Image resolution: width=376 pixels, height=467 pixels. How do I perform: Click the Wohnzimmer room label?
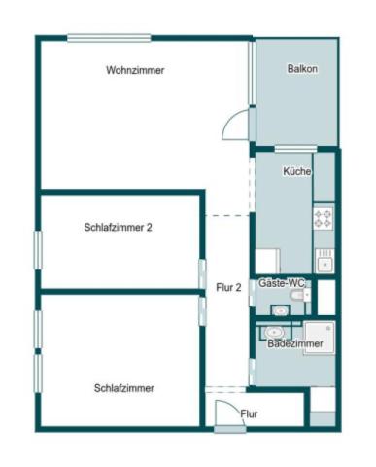[135, 70]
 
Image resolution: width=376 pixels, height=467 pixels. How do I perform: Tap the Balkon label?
[302, 69]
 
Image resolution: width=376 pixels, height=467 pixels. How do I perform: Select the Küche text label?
[296, 171]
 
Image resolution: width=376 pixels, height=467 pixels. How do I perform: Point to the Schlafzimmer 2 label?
[119, 227]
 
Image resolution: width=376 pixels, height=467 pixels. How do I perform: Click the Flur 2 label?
[228, 287]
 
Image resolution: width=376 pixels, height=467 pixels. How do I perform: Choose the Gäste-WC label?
[282, 282]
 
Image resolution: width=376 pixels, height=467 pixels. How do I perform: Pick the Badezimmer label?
[295, 343]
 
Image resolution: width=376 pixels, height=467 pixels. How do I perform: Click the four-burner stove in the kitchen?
[324, 219]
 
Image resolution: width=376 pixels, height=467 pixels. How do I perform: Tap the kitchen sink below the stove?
[325, 260]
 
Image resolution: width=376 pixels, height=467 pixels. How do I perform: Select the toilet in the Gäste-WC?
[303, 295]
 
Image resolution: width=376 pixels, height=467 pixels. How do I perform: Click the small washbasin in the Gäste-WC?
[281, 310]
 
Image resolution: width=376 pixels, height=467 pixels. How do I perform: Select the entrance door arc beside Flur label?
[226, 413]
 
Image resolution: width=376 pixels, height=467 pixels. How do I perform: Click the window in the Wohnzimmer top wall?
[109, 38]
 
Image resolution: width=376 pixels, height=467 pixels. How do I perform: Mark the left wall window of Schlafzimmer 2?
[38, 248]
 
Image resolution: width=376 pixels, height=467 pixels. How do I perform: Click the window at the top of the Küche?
[296, 149]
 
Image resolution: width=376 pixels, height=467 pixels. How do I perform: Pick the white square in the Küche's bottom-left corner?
[267, 261]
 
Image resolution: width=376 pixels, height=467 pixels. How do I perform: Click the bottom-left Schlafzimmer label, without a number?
[124, 388]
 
